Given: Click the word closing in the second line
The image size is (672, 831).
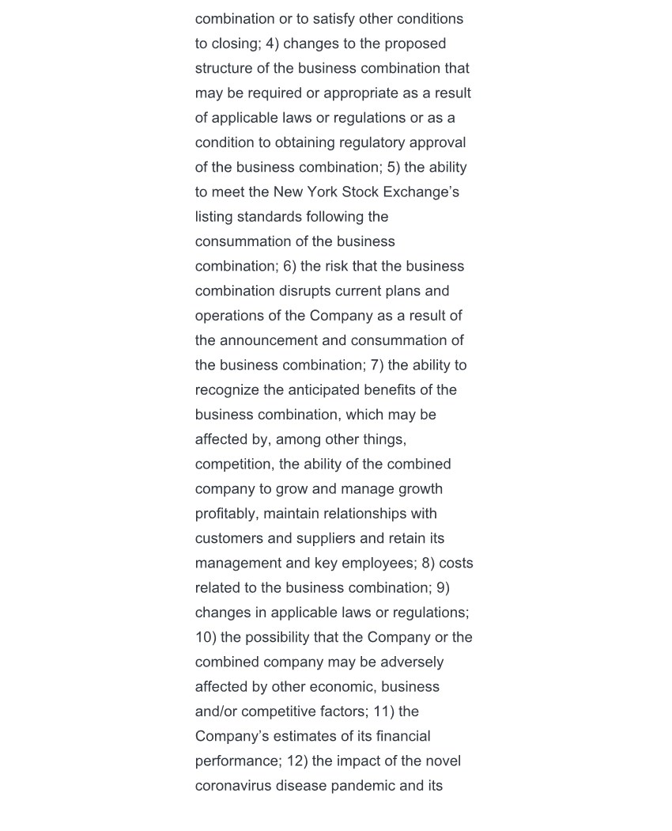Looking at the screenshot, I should tap(236, 44).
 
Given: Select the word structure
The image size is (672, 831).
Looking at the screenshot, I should tap(225, 68).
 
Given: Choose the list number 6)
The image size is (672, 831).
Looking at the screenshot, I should tap(289, 266).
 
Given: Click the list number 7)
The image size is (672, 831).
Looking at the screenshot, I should tap(377, 365).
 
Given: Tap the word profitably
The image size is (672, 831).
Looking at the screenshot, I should tap(227, 513).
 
